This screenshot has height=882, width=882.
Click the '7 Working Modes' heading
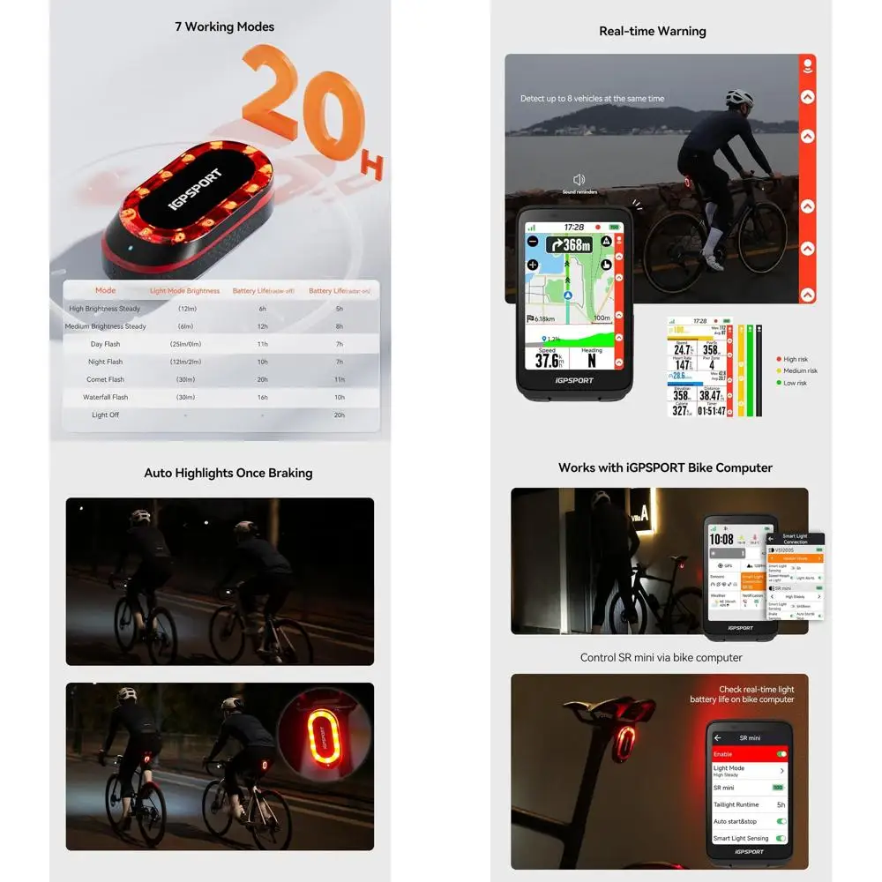[224, 27]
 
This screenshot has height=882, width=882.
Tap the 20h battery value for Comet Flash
[262, 379]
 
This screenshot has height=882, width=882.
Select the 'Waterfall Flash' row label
[105, 397]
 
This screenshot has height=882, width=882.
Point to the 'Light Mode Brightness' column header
[184, 290]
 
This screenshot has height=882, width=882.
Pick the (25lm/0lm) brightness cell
[186, 344]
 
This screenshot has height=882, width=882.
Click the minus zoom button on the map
[533, 242]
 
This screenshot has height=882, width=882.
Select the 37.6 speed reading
[548, 361]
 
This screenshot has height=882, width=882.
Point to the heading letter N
[591, 361]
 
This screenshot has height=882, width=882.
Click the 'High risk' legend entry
[795, 359]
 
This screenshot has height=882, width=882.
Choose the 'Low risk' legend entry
[794, 383]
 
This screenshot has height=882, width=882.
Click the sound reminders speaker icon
[579, 179]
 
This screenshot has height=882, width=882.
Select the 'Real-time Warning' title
[652, 32]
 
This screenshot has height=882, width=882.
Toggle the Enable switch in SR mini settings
[781, 754]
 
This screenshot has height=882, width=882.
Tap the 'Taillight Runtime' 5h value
[780, 804]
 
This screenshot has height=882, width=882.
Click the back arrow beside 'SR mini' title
[717, 737]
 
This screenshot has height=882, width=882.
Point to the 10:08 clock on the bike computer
[721, 539]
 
